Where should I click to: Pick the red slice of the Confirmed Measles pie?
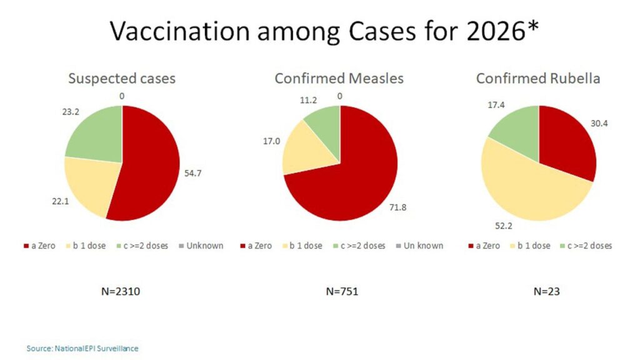(x=356, y=175)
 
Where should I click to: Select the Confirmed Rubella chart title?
(x=538, y=79)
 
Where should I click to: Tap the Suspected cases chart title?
(x=121, y=79)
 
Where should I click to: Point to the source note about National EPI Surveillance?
(x=82, y=347)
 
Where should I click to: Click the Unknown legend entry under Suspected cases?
(x=201, y=246)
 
